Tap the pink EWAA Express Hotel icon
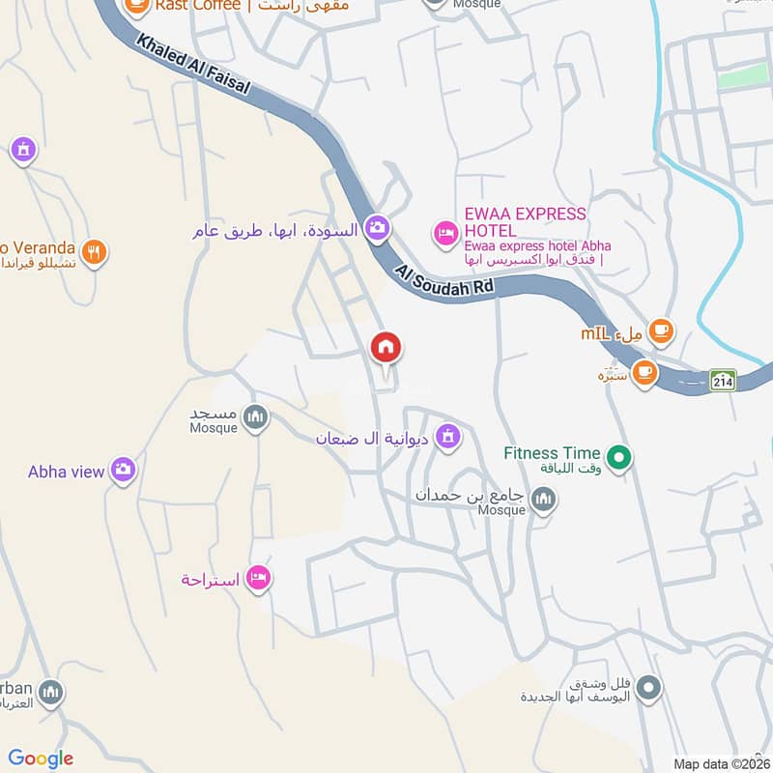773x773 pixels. point(445,232)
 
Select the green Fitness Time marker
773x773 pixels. point(618,454)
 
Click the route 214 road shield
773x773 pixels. point(722,380)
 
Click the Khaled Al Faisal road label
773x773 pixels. point(193,66)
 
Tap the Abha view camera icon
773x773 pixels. point(123,471)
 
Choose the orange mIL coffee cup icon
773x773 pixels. point(661,331)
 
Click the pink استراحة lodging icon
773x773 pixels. point(258,579)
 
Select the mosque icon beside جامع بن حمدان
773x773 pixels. point(544,499)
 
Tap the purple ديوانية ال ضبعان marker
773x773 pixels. point(445,437)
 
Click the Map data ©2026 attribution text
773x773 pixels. point(720,763)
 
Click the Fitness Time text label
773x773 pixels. point(551,453)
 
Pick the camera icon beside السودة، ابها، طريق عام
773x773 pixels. point(378,228)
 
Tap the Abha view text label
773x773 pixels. point(66,472)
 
